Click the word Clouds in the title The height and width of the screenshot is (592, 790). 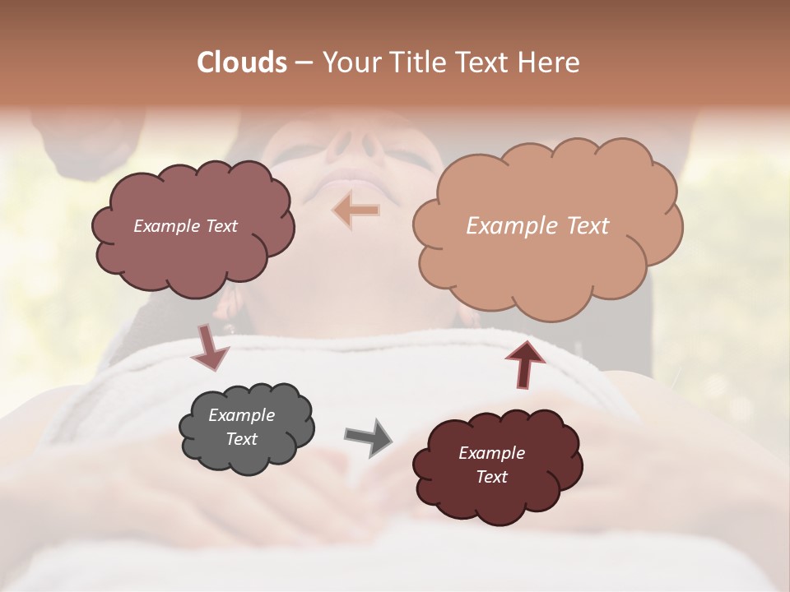tap(241, 62)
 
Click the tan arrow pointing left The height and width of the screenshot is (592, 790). tap(356, 210)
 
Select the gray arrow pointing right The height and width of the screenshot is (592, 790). tap(368, 437)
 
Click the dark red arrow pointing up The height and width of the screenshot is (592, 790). tap(524, 363)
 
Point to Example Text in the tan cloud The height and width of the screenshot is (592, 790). tap(537, 226)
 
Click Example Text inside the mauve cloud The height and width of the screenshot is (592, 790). tap(185, 226)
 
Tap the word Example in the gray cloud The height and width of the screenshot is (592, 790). tap(241, 415)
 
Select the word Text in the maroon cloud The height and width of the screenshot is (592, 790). tap(491, 477)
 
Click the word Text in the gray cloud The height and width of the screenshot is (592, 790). tap(241, 439)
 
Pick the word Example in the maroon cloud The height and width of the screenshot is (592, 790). tap(491, 453)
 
